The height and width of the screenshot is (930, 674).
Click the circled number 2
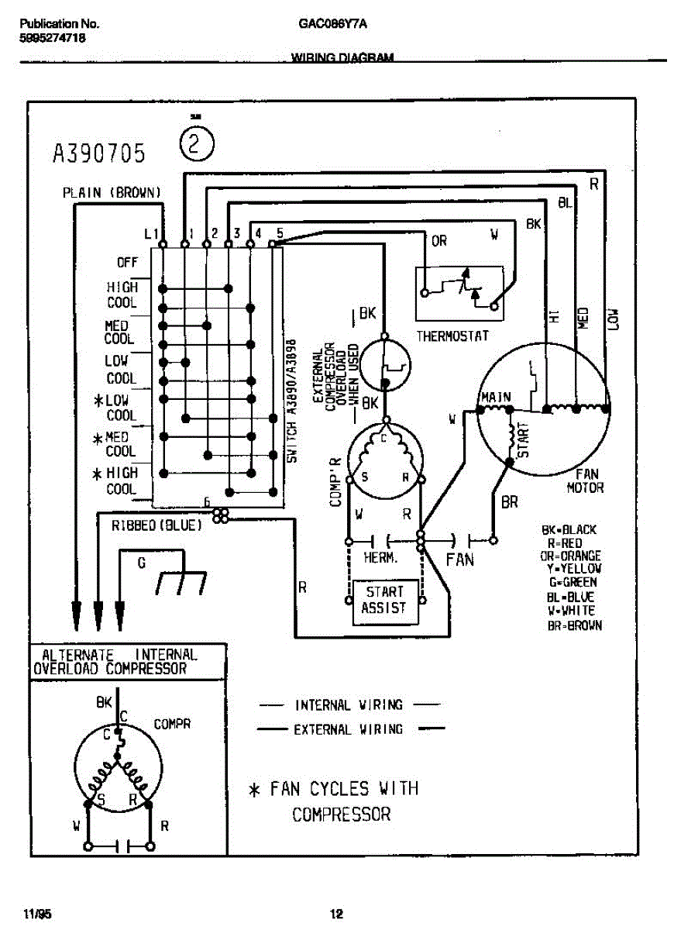[196, 144]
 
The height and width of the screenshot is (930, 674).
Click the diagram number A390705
[98, 153]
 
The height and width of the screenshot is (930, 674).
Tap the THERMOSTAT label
[453, 336]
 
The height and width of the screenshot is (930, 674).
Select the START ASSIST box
[384, 600]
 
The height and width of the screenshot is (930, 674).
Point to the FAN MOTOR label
[585, 481]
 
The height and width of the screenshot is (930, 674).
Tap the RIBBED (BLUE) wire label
[156, 525]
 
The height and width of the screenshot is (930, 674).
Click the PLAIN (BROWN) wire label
[112, 193]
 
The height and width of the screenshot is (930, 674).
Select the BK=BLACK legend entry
[569, 530]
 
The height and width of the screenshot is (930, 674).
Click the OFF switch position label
[127, 263]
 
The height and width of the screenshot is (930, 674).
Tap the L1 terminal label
[151, 233]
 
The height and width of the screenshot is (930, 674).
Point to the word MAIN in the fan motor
[496, 398]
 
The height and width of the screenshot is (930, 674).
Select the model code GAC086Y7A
[332, 24]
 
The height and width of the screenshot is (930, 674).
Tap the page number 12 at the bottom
[336, 914]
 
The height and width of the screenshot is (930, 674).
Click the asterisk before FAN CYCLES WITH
[253, 790]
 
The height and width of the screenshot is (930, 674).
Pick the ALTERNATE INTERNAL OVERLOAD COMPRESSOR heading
[115, 661]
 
